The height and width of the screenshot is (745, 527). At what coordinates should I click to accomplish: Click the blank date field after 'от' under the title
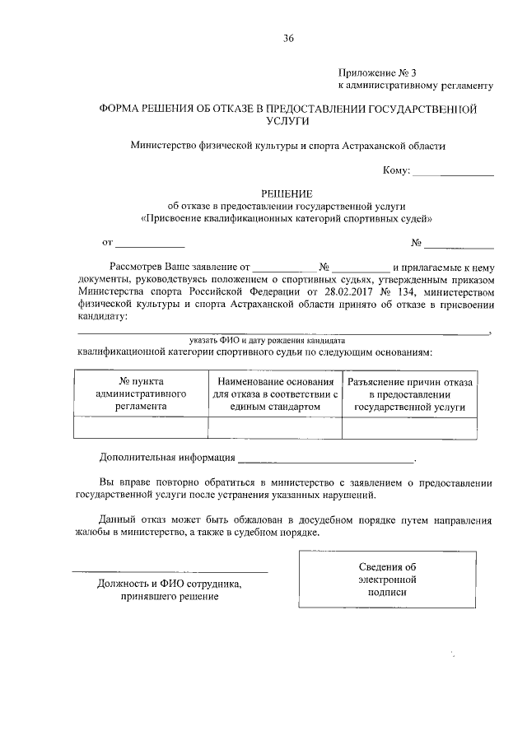150,243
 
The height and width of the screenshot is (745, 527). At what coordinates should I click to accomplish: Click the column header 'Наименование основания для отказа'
274,393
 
